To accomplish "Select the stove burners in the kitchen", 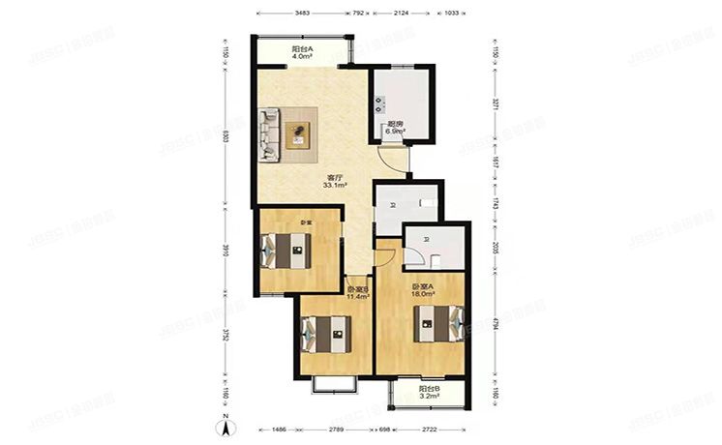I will [x=383, y=102].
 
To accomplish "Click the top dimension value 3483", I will [x=302, y=14].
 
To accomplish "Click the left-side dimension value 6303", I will [x=224, y=136].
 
